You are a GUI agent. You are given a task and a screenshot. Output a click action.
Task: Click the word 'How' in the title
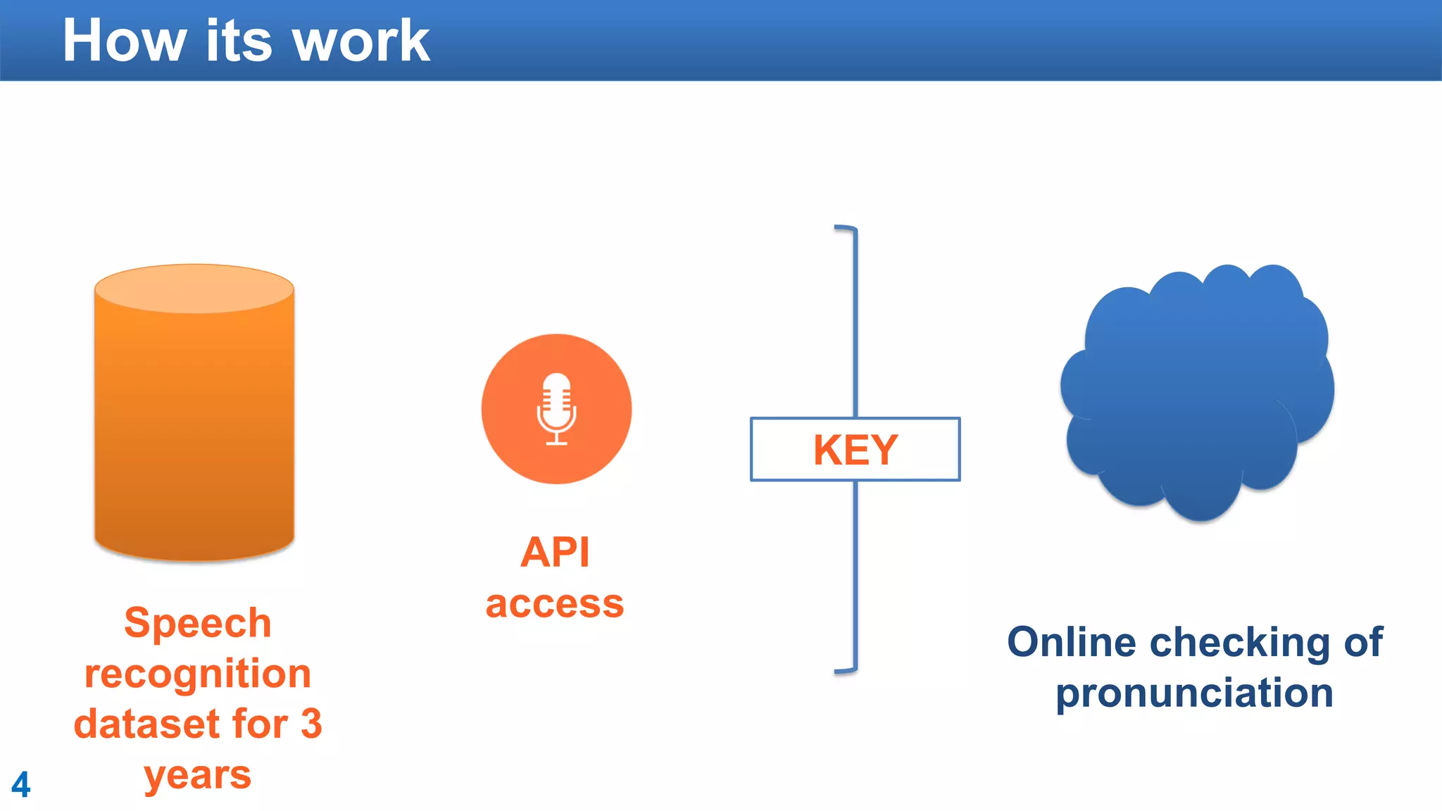coord(124,41)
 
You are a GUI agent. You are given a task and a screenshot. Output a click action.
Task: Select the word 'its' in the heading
coord(239,41)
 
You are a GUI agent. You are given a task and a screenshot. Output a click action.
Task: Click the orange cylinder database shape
coord(194,415)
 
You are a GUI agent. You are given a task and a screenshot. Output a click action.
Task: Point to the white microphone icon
coord(557,409)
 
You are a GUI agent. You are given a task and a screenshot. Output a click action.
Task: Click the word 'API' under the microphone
coord(555,552)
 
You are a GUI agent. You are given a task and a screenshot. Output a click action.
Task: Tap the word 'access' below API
coord(555,604)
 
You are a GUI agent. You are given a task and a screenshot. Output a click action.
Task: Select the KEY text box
coord(855,450)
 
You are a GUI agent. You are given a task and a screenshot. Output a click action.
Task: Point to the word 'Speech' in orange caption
coord(198,623)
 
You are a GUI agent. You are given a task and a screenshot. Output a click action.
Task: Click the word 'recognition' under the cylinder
coord(198,674)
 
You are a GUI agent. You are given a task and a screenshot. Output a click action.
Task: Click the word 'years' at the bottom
coord(198,776)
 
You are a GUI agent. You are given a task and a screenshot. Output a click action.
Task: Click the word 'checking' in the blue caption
coord(1241,642)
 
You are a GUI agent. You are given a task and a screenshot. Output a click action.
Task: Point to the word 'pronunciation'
coord(1195,693)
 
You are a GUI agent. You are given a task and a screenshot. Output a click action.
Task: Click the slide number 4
coord(21,784)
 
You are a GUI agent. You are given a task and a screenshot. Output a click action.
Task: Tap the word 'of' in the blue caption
coord(1363,642)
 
